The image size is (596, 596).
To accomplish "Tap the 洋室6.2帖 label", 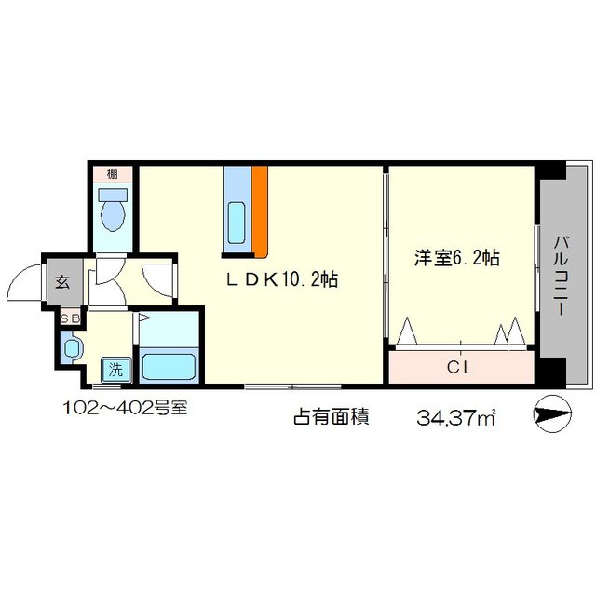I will pyautogui.click(x=456, y=258).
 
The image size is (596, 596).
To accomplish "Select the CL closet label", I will pyautogui.click(x=460, y=366).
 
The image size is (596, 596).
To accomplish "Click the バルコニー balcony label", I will pyautogui.click(x=561, y=276).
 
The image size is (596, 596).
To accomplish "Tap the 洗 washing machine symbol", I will pyautogui.click(x=115, y=369).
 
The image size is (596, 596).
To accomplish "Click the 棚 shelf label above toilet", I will pyautogui.click(x=112, y=173).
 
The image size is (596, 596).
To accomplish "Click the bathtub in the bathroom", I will pyautogui.click(x=168, y=364).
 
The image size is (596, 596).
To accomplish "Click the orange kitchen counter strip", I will pyautogui.click(x=260, y=210).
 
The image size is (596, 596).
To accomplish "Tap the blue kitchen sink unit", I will pyautogui.click(x=237, y=210).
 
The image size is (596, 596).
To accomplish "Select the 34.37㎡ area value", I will pyautogui.click(x=456, y=418).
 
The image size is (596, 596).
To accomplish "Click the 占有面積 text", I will pyautogui.click(x=331, y=417).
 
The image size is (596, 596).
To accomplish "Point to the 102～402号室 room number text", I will pyautogui.click(x=124, y=407).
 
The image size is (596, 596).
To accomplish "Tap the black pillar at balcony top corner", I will pyautogui.click(x=553, y=171).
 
